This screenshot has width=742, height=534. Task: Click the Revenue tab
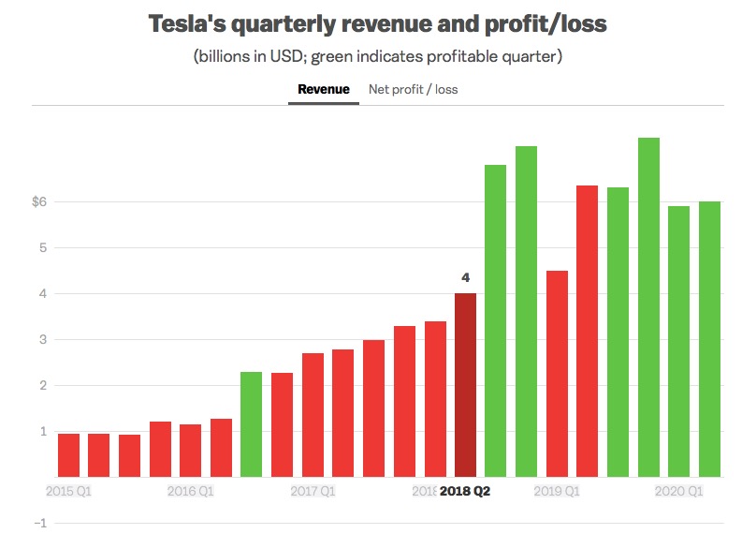point(323,90)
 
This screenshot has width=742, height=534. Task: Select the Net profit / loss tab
point(413,90)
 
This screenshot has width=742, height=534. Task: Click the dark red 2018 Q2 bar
point(465,385)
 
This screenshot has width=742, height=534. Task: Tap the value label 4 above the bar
point(465,277)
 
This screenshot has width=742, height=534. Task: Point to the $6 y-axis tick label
point(38,201)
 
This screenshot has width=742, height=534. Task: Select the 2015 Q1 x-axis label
point(69,490)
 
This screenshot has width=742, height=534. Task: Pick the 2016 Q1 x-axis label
point(191,490)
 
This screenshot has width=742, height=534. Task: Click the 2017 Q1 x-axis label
point(313,490)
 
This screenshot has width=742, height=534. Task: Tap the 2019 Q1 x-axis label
point(557,490)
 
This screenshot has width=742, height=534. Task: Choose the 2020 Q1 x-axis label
point(679,490)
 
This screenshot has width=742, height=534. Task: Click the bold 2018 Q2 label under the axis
point(465,490)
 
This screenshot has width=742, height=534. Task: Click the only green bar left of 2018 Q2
point(252,424)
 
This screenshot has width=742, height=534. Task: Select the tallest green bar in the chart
point(648,307)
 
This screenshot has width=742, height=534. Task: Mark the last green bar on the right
point(709,339)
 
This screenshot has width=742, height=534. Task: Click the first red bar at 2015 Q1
point(68,455)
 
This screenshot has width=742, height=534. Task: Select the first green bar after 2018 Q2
point(495,321)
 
